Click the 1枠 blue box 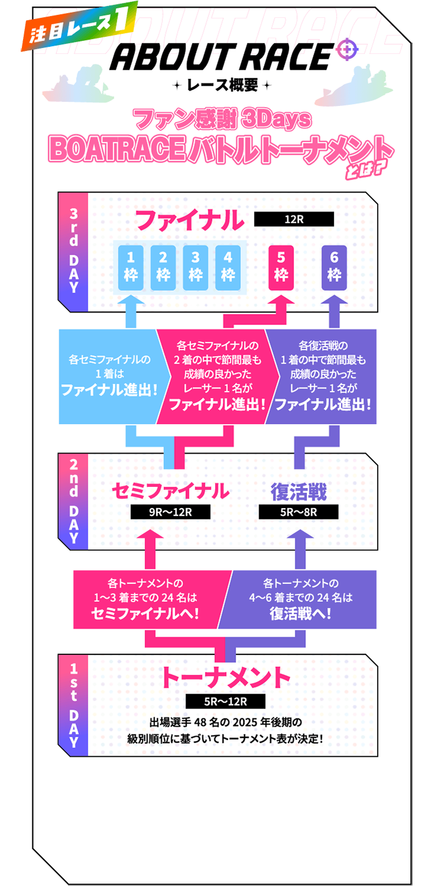click(x=131, y=268)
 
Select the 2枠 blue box click(x=163, y=268)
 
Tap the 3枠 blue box click(x=195, y=268)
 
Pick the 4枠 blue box click(x=228, y=268)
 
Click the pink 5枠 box click(x=281, y=268)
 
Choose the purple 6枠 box click(x=334, y=268)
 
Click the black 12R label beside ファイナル click(x=294, y=219)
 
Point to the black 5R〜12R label click(x=225, y=702)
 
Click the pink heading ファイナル click(x=189, y=221)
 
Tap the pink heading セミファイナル click(x=170, y=491)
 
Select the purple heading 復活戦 click(x=298, y=491)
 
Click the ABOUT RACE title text click(x=220, y=58)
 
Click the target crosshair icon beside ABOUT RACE click(x=347, y=49)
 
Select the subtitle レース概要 click(x=222, y=85)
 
